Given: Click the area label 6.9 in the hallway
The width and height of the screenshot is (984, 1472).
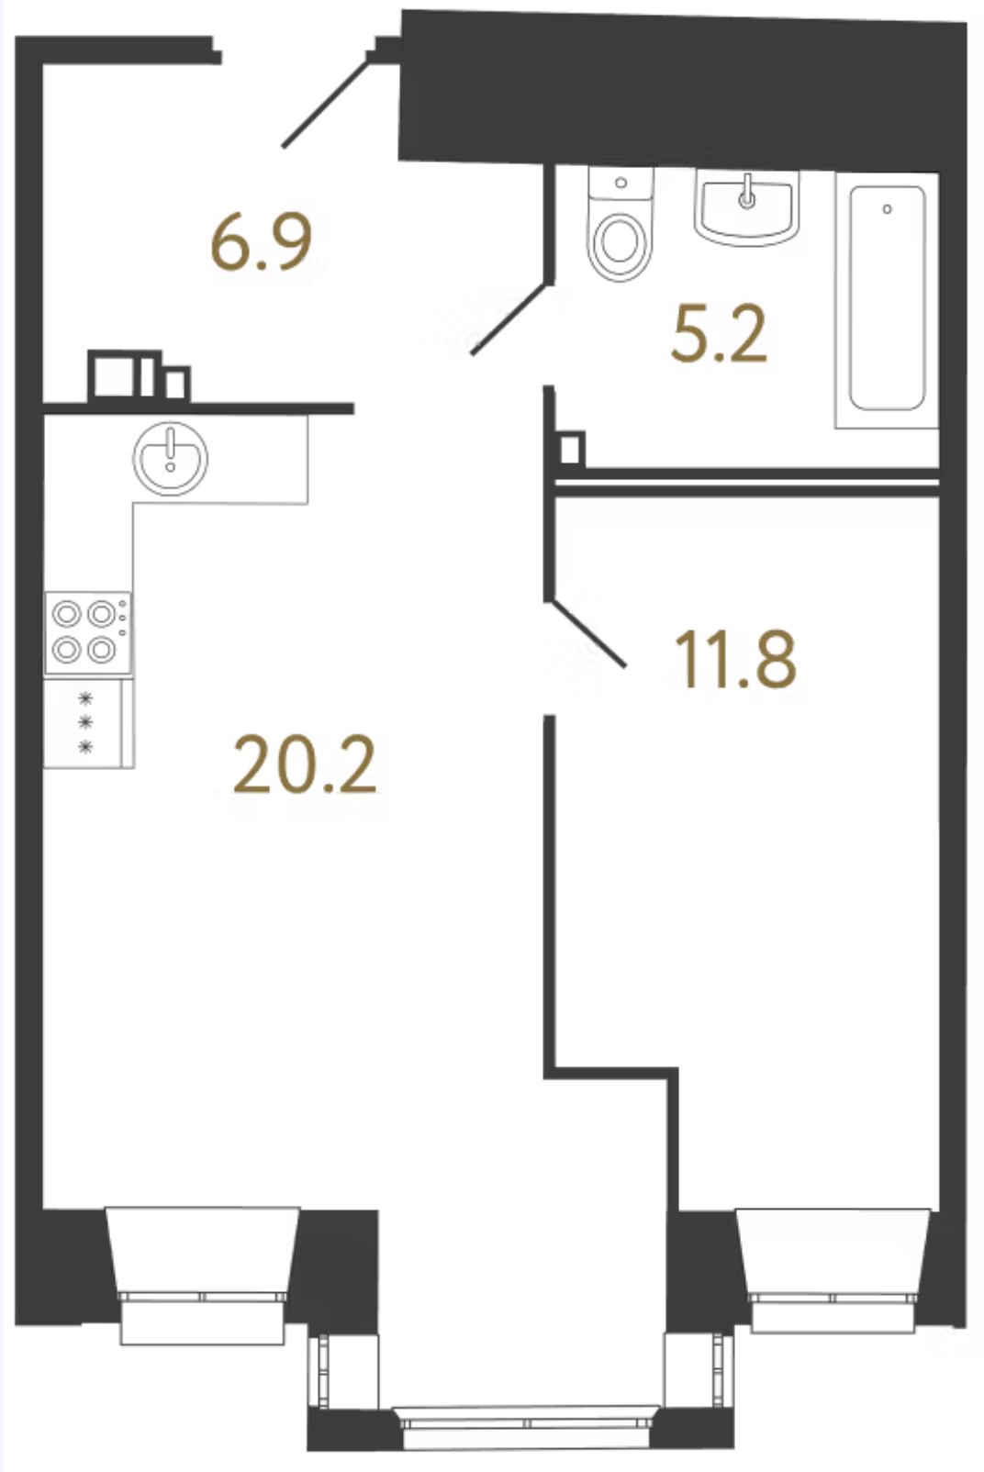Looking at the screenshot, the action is tap(261, 242).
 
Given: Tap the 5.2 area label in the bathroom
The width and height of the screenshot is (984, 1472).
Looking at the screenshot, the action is tap(719, 334).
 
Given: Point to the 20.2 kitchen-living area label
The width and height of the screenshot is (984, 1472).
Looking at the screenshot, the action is tap(305, 765).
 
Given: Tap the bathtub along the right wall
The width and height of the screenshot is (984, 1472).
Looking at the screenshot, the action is tap(887, 300).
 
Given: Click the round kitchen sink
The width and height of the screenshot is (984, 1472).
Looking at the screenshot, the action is tap(170, 458).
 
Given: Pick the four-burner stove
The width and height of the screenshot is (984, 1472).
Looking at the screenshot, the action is tap(88, 633).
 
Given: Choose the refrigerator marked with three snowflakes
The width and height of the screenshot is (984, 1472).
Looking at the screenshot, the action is tap(89, 723).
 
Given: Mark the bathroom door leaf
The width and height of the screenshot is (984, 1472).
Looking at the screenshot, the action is tap(510, 318).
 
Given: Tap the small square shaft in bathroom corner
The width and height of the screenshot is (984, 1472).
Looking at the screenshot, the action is tap(571, 450).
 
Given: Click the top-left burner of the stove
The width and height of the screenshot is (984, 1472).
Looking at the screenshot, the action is tap(66, 615).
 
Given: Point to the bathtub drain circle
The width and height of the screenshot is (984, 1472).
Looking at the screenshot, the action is tap(887, 209).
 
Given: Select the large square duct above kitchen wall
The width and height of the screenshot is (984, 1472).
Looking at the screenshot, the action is tap(114, 375).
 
